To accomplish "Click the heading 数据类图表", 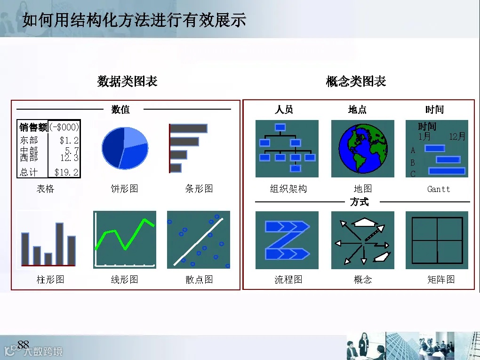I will click(x=127, y=81).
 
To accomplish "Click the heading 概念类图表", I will click(x=356, y=81).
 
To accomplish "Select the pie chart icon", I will click(x=125, y=148).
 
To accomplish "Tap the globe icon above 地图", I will click(x=362, y=149).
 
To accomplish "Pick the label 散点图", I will click(x=199, y=280).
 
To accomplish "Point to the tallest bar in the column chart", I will click(x=60, y=243).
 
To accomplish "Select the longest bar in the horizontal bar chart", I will click(x=188, y=128).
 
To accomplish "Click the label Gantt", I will click(x=439, y=189).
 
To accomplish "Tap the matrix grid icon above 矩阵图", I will click(x=437, y=240).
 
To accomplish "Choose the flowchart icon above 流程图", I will click(x=287, y=240).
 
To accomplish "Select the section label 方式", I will click(x=360, y=202).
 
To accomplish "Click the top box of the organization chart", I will click(x=280, y=127).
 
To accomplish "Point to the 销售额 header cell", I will click(x=33, y=127).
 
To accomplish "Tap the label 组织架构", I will click(x=288, y=189).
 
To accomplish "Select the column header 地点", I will click(x=357, y=110).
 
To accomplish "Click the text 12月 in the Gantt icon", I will click(x=457, y=136).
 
